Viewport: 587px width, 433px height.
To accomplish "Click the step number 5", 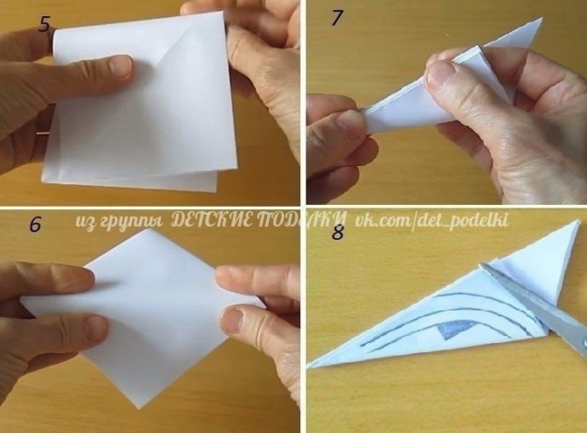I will [44, 24].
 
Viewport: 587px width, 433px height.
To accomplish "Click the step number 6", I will [35, 225].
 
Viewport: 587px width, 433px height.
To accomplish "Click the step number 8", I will [338, 232].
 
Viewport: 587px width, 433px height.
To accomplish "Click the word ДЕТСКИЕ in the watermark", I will [212, 220].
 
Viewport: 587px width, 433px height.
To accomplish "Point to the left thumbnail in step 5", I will [120, 66].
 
